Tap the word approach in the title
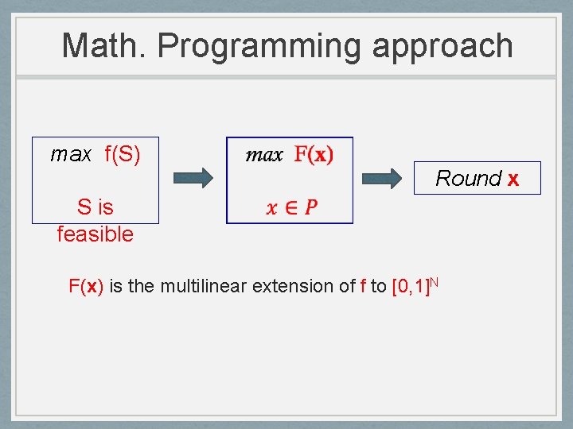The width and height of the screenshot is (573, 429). click(442, 47)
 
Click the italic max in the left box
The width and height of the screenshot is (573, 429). click(71, 154)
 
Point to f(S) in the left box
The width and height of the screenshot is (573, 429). click(123, 154)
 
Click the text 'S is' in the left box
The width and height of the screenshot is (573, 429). click(95, 207)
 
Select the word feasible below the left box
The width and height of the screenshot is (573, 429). click(95, 234)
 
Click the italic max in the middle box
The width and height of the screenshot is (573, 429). click(264, 155)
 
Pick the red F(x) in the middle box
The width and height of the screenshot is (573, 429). click(314, 154)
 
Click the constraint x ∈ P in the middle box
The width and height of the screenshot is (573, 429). click(291, 207)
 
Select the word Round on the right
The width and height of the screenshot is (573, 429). click(469, 178)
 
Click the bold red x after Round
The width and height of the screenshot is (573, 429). click(513, 179)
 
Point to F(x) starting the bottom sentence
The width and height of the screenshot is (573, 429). click(86, 286)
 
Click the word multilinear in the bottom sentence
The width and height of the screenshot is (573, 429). click(203, 286)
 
